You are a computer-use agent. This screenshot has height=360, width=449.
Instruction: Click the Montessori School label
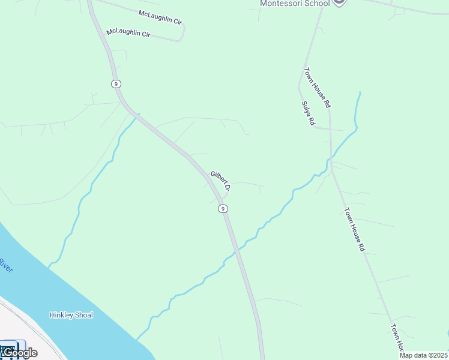coord(295,3)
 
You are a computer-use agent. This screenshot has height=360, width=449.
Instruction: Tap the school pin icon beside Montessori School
coord(339,2)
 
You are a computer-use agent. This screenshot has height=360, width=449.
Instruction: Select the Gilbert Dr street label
coord(220,182)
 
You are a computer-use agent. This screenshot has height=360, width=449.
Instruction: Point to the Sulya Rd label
coord(309,113)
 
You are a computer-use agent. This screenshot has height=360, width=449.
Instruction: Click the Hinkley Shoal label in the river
coord(71,315)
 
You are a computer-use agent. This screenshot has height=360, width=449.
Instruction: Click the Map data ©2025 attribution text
coord(424,355)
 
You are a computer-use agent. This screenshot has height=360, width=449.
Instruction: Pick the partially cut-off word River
coord(7,265)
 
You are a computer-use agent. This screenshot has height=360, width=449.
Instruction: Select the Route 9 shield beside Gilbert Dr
coord(223,209)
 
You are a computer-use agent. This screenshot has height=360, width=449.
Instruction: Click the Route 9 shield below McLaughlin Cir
coord(115,83)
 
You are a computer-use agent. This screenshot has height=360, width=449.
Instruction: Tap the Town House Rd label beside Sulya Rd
coord(317,87)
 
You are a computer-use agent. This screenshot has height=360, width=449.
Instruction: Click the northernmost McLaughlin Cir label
coord(160,16)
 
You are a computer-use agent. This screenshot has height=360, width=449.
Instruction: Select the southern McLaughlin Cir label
coord(128,33)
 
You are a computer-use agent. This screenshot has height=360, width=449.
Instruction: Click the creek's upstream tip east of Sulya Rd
coord(360,92)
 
